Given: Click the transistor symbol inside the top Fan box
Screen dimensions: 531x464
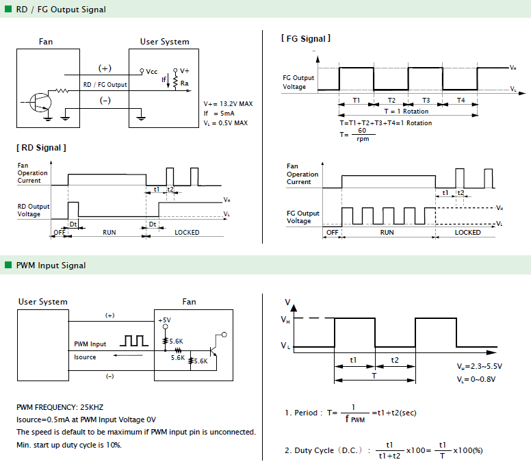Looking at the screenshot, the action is click(x=40, y=102).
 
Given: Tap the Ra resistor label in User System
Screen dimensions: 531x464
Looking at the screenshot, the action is click(x=184, y=83).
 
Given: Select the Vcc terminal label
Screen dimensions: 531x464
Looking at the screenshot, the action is click(x=152, y=71).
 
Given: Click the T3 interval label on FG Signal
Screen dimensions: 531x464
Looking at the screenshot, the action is click(x=426, y=100).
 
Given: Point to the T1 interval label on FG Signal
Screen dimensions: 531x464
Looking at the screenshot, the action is click(x=357, y=100).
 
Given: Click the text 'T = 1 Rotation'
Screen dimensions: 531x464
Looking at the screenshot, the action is click(x=406, y=111).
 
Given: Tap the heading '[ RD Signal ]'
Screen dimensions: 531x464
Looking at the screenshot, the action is click(x=41, y=148).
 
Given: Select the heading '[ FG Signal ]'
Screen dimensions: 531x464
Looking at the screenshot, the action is click(x=306, y=38).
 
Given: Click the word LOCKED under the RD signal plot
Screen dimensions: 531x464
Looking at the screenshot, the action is click(x=187, y=232).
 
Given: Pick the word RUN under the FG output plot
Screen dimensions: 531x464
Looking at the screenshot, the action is click(x=387, y=232).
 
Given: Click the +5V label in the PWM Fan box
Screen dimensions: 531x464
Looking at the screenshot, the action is click(x=165, y=320).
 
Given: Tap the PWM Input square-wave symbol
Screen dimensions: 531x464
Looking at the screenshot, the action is click(x=134, y=341).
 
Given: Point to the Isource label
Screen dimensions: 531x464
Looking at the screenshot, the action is click(x=85, y=357).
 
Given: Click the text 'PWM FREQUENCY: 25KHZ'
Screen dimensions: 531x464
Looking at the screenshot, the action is click(x=60, y=407).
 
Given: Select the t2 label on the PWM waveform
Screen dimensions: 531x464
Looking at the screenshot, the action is click(x=395, y=360).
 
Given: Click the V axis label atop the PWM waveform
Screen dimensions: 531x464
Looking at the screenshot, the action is click(x=287, y=302).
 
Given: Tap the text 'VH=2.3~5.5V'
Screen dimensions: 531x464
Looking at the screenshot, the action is click(x=480, y=366).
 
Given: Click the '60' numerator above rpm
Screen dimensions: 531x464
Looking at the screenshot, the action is click(x=362, y=131).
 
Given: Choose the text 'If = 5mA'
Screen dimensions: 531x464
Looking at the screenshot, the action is click(x=219, y=113).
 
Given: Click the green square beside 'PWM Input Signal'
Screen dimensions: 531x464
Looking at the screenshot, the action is click(x=8, y=265).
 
